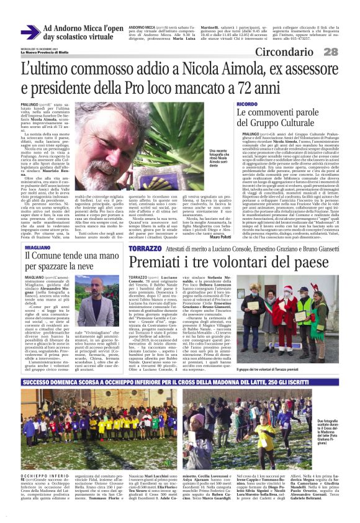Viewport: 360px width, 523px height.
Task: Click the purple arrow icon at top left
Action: (x=30, y=33)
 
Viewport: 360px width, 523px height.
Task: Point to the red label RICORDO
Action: (x=247, y=103)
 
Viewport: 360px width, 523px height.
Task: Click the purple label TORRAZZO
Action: (x=144, y=248)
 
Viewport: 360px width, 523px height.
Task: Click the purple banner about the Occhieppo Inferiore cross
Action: (x=180, y=366)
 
